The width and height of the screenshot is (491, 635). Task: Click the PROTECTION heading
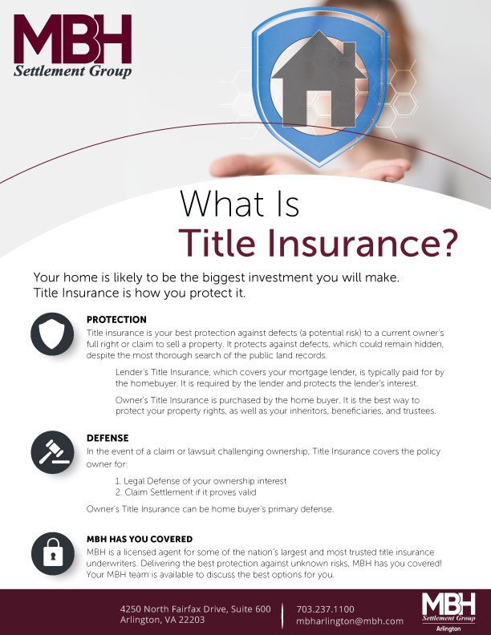pos(116,320)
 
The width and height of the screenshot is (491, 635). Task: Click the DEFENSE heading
pos(108,439)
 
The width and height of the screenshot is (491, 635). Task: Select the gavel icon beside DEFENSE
pos(54,453)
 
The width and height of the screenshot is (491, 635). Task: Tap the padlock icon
pos(54,554)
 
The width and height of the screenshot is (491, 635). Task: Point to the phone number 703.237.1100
pos(325,609)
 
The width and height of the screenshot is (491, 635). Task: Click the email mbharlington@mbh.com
pos(349,621)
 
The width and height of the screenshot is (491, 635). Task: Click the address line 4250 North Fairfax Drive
pos(195,609)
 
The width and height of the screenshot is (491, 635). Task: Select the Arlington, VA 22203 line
pos(162,621)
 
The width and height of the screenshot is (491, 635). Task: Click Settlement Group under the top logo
pos(73,71)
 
